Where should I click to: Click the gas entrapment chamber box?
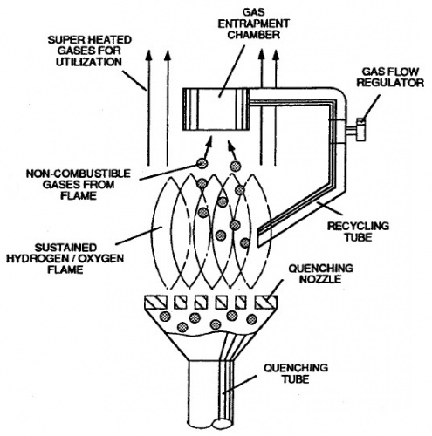217,106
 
